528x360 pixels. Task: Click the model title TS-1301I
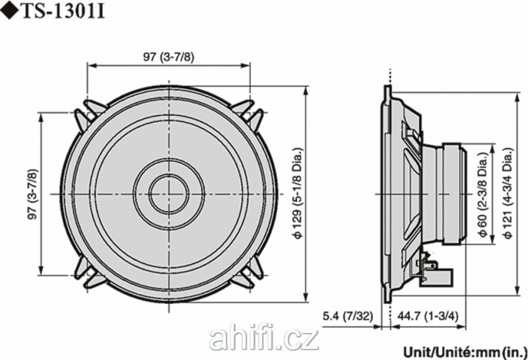[63, 12]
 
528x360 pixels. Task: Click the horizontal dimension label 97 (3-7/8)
[169, 56]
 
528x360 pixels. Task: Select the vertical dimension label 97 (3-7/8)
[32, 194]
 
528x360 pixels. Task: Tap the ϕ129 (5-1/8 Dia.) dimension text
[298, 193]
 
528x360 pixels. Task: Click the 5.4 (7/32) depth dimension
[348, 316]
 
